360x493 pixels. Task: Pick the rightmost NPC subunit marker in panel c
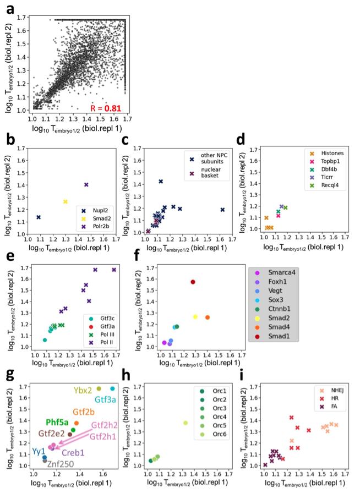(x=222, y=210)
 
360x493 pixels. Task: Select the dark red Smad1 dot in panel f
(x=193, y=282)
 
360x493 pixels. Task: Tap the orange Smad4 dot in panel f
(x=208, y=317)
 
